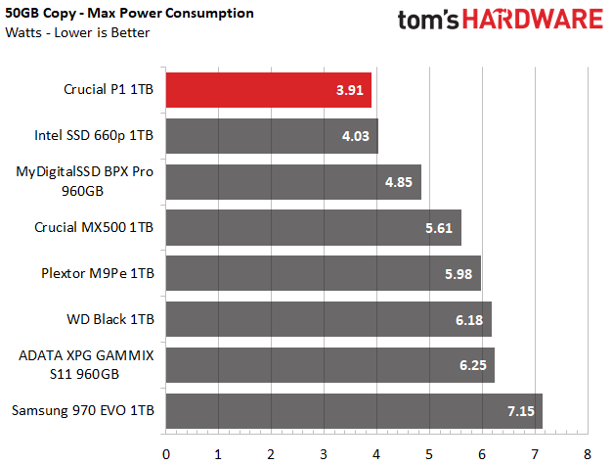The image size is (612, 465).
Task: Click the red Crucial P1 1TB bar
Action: tap(268, 91)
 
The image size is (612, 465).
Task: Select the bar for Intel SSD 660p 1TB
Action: tap(272, 136)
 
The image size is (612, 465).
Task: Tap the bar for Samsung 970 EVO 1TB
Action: tap(354, 411)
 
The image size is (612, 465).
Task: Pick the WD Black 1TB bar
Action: tap(328, 319)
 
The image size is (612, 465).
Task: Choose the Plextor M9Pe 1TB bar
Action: tap(323, 273)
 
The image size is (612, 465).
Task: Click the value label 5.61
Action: tap(439, 228)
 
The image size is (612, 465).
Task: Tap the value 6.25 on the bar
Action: tap(473, 365)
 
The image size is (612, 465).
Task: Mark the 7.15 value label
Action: tap(520, 411)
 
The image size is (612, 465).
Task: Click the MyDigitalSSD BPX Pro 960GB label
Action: tap(86, 182)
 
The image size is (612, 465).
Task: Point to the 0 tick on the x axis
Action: tap(166, 452)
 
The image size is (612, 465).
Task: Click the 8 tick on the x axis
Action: tap(587, 452)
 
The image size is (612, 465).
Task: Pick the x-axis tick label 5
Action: tap(429, 452)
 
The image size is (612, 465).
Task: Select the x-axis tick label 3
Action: tap(324, 452)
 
